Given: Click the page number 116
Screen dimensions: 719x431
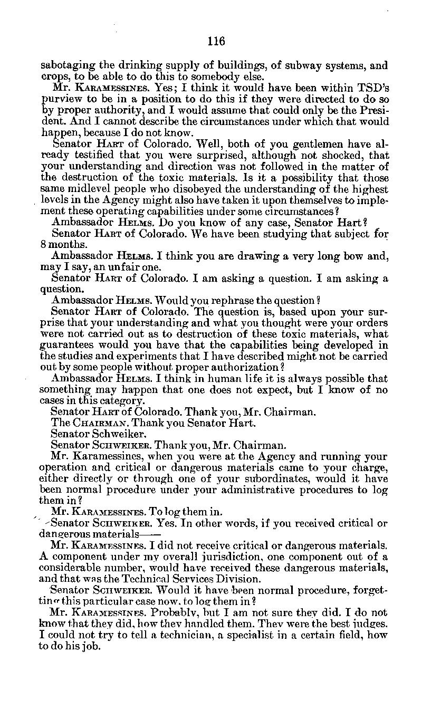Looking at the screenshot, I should coord(216,41).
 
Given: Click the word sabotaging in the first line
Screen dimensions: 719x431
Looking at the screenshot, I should coord(68,66).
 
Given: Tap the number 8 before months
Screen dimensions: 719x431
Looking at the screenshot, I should coord(44,245).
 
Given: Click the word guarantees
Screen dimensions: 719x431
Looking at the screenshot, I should coord(68,345).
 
